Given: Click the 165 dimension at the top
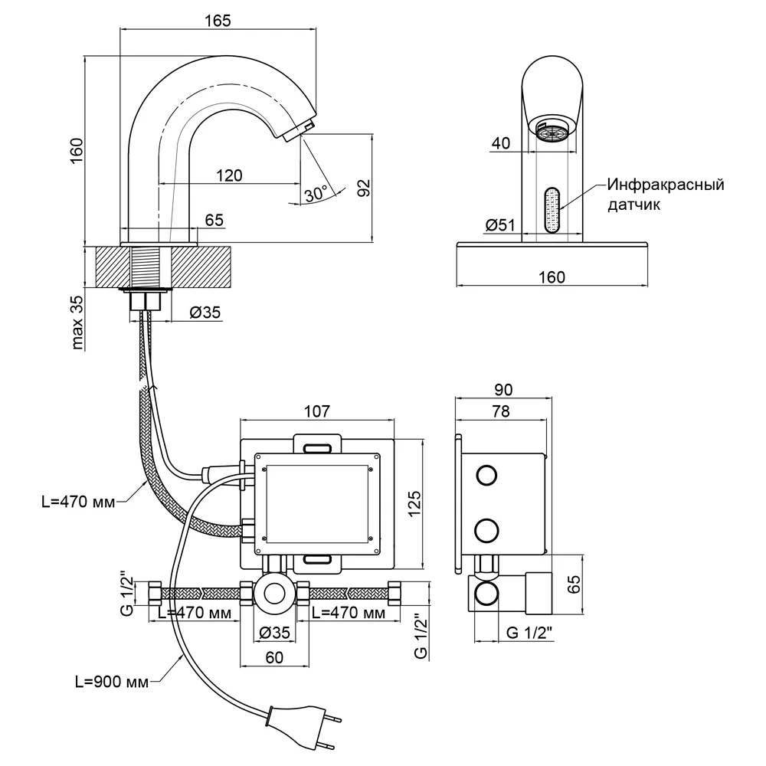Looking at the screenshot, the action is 218,21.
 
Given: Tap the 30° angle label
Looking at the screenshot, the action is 316,194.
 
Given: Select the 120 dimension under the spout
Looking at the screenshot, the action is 229,175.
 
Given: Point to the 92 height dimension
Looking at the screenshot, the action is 364,188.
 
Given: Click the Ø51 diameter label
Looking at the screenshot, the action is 500,224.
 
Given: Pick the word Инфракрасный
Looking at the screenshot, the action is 666,185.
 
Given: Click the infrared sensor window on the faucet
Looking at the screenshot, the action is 552,210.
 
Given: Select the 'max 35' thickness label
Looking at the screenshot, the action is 77,322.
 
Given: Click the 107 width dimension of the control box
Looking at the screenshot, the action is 317,411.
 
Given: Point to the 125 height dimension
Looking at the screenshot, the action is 414,504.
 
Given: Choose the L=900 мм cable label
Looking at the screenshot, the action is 111,682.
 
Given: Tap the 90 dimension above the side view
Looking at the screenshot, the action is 503,389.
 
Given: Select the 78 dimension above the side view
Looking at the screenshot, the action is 501,411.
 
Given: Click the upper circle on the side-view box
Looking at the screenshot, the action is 486,475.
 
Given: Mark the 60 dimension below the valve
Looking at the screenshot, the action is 274,657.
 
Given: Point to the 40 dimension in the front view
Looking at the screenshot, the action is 501,143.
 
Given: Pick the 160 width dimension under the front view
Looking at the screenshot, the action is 552,277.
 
